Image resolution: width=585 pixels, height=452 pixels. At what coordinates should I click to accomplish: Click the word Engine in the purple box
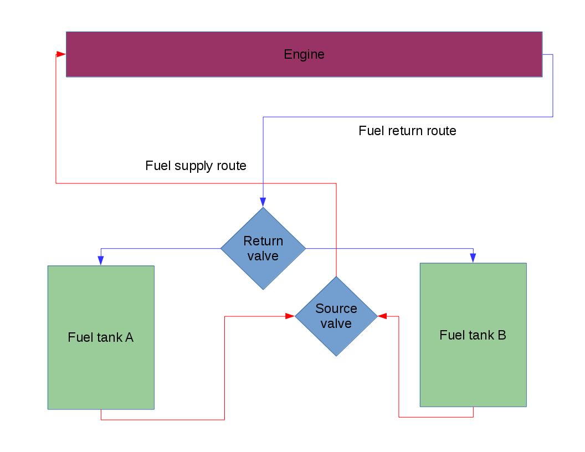click(304, 54)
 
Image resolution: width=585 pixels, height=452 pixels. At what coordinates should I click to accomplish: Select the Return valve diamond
click(263, 248)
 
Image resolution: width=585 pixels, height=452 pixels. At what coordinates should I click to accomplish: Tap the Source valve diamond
click(336, 316)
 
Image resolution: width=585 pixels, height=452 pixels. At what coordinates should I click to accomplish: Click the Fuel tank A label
click(101, 337)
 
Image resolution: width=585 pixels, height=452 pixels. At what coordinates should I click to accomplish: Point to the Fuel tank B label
click(473, 335)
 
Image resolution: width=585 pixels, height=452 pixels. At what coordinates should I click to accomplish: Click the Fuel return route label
click(407, 131)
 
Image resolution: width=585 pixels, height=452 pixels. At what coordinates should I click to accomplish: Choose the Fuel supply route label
click(196, 166)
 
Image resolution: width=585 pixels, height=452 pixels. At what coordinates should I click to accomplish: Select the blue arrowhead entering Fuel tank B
click(473, 258)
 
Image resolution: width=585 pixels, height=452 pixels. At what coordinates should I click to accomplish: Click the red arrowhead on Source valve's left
click(289, 316)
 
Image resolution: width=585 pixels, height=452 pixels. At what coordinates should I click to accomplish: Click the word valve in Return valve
click(263, 256)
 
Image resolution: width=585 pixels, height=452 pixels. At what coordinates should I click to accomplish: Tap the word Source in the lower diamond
click(336, 309)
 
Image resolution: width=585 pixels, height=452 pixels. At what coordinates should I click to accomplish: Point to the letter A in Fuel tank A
click(129, 337)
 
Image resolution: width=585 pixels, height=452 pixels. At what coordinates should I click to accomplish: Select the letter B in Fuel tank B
click(501, 335)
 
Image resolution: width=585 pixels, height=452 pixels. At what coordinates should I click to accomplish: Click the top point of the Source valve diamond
click(336, 277)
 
